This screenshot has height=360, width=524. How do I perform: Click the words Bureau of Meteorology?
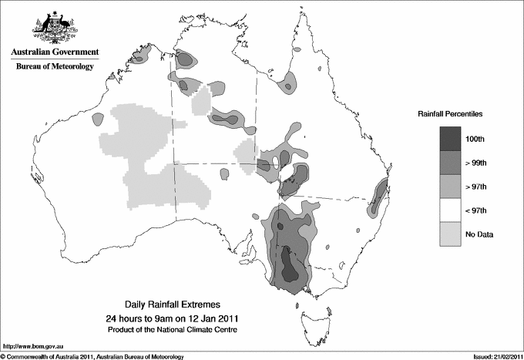pos(54,67)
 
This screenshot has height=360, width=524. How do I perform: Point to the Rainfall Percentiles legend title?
pos(450,113)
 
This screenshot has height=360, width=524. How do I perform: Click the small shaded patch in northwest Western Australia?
pos(98,119)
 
